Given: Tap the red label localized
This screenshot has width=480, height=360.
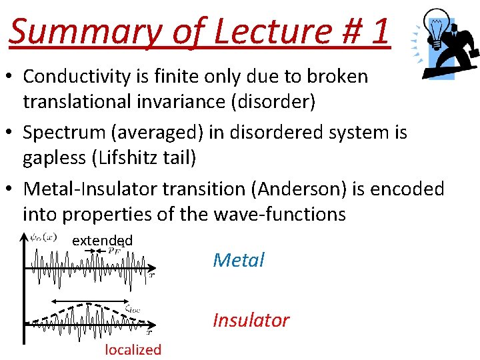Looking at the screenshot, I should tap(133, 349).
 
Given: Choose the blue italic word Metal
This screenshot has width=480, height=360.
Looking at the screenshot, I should tap(239, 260).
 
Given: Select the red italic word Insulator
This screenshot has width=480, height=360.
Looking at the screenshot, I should tap(251, 320).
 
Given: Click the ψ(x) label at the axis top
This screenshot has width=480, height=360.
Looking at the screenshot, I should tap(43, 237).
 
